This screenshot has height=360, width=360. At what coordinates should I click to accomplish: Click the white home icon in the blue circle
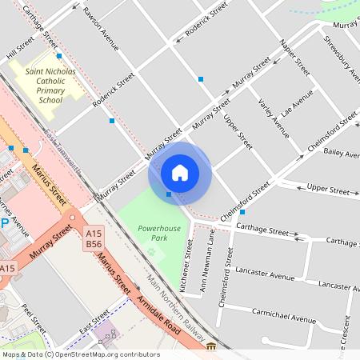(x=180, y=172)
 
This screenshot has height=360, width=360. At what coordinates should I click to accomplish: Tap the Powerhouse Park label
(x=159, y=233)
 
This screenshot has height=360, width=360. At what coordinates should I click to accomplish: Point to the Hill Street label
(x=21, y=47)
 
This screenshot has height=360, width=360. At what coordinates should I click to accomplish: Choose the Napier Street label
(x=294, y=56)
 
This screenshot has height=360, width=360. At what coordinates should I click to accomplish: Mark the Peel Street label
(x=34, y=322)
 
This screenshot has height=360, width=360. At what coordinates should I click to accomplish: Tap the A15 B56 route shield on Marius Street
(x=94, y=238)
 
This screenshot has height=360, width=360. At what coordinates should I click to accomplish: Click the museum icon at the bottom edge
(x=211, y=347)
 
